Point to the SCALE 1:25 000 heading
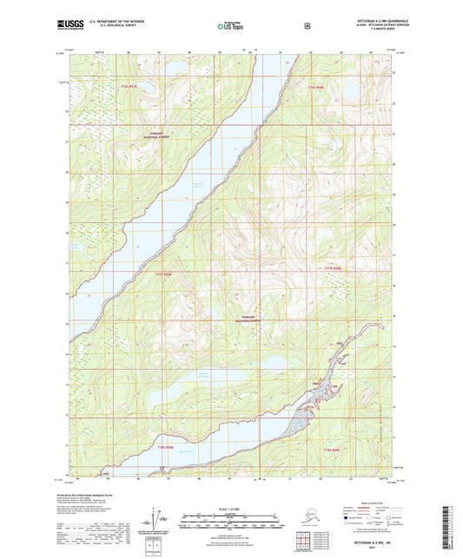pos(230,509)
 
